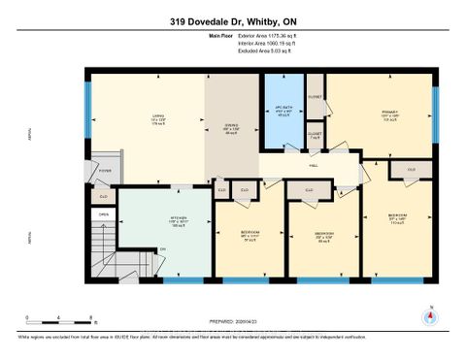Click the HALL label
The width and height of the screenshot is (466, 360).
pyautogui.click(x=313, y=167)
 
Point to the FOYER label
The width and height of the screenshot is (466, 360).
pyautogui.click(x=104, y=172)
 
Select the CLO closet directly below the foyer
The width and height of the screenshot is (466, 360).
pyautogui.click(x=103, y=197)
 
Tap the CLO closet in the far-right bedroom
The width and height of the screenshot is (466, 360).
pyautogui.click(x=411, y=170)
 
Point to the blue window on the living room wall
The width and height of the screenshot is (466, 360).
pyautogui.click(x=86, y=108)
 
